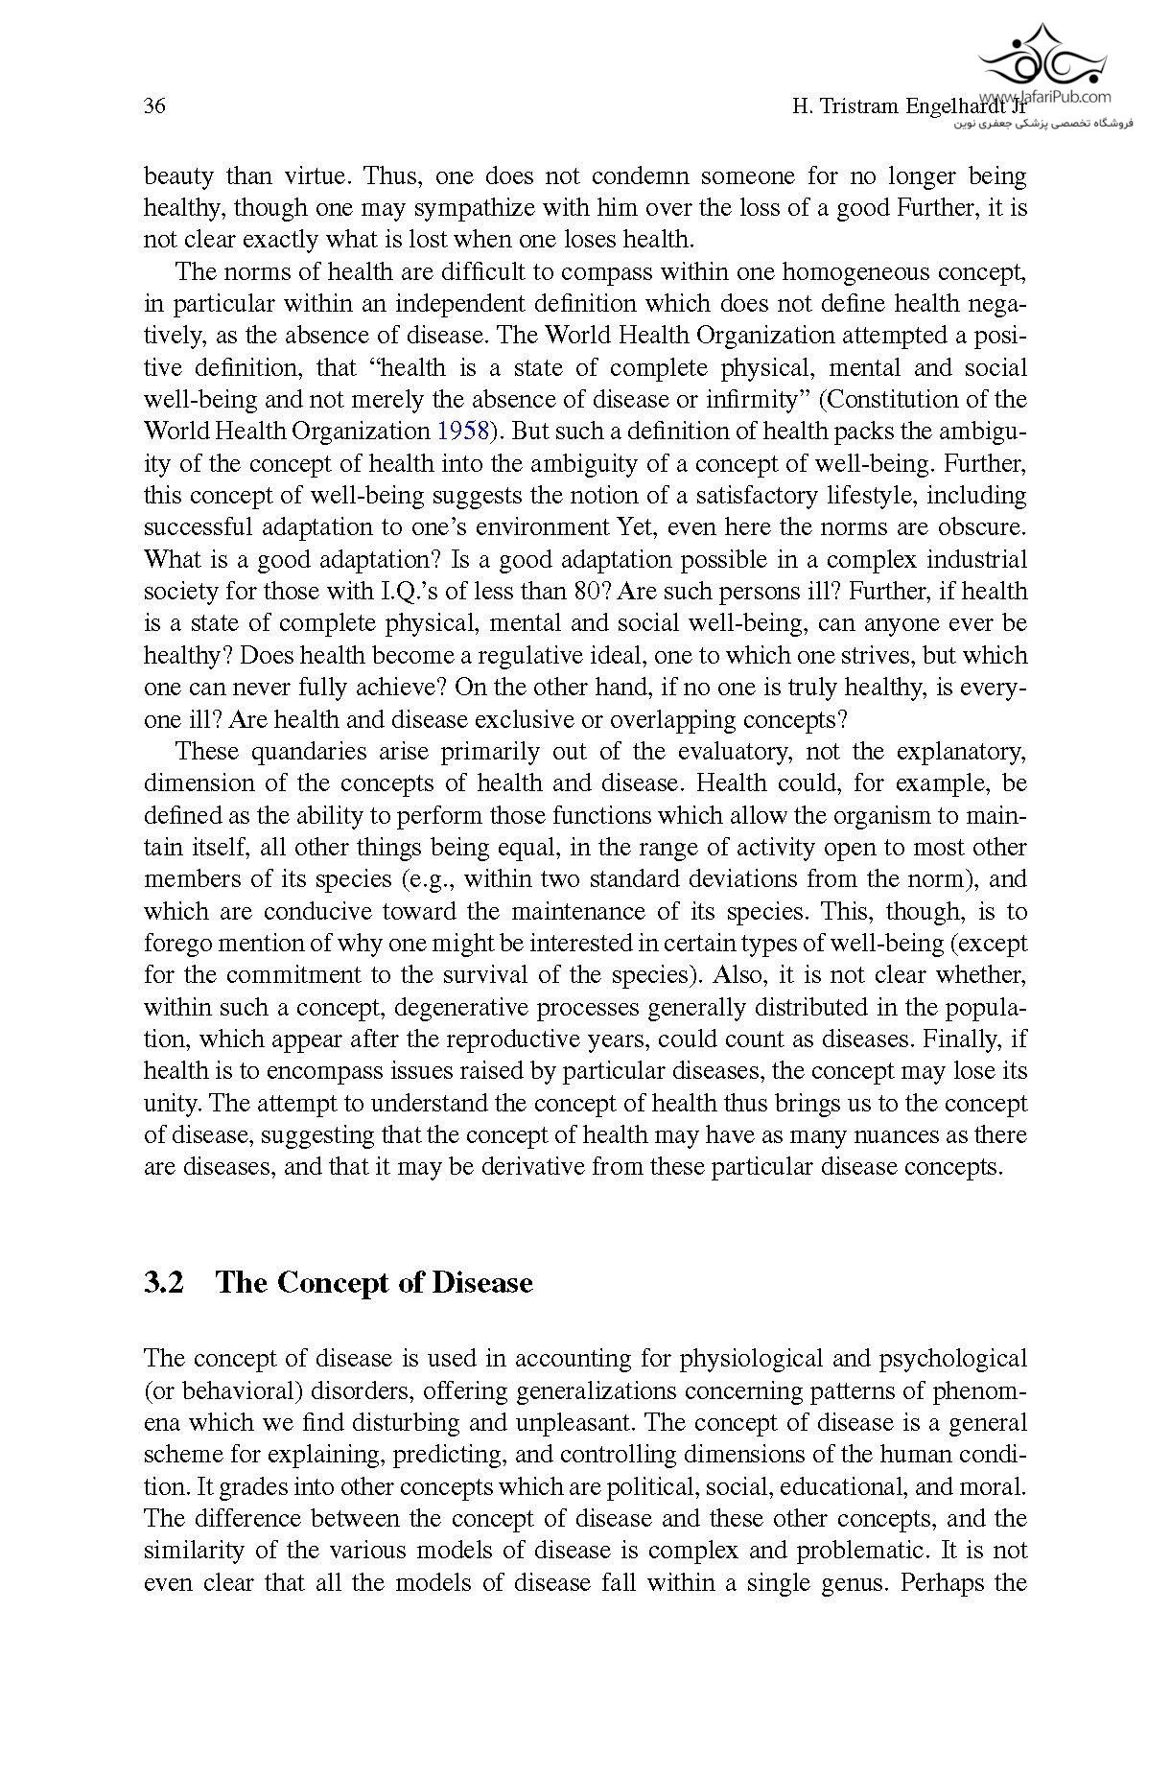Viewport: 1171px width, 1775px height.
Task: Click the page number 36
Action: pos(154,106)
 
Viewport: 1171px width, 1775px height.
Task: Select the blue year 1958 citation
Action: pos(462,431)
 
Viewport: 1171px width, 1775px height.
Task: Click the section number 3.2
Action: pos(164,1283)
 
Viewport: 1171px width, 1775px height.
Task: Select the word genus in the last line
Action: pos(850,1582)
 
